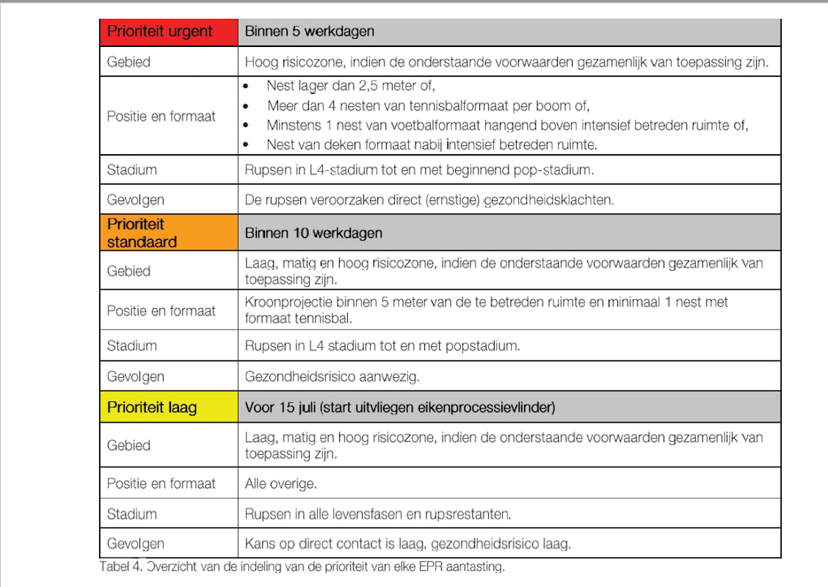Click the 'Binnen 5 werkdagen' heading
point(309,32)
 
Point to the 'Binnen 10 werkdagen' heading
point(313,233)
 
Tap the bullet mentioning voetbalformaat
point(506,125)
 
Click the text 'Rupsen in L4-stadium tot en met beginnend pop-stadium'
point(418,169)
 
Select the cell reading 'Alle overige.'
point(280,484)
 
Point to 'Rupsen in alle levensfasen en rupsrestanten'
point(377,514)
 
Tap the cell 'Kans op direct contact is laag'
point(407,544)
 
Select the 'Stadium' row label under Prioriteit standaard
point(132,346)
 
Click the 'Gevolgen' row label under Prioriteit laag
point(136,544)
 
